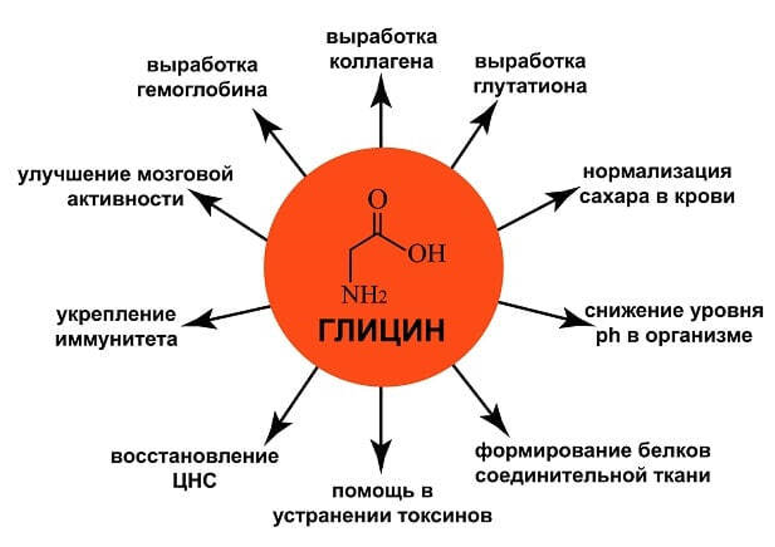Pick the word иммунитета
click(116, 339)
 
